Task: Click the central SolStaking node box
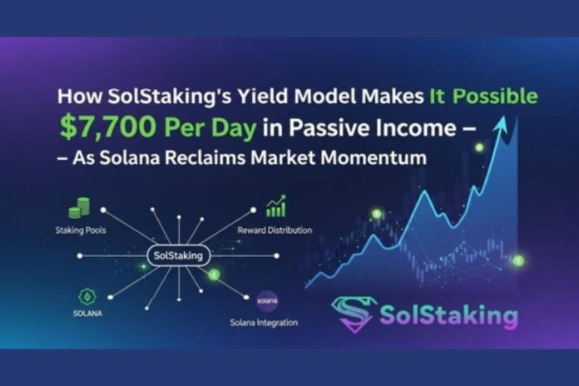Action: [178, 255]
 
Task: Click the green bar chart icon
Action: [275, 206]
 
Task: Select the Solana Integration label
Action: [265, 321]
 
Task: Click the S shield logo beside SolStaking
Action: [353, 314]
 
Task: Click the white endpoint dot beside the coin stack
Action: [111, 212]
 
